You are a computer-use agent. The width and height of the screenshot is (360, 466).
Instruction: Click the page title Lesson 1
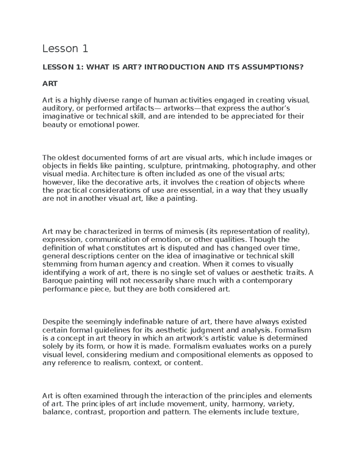point(65,49)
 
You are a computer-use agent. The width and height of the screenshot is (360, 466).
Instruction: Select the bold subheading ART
point(50,84)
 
